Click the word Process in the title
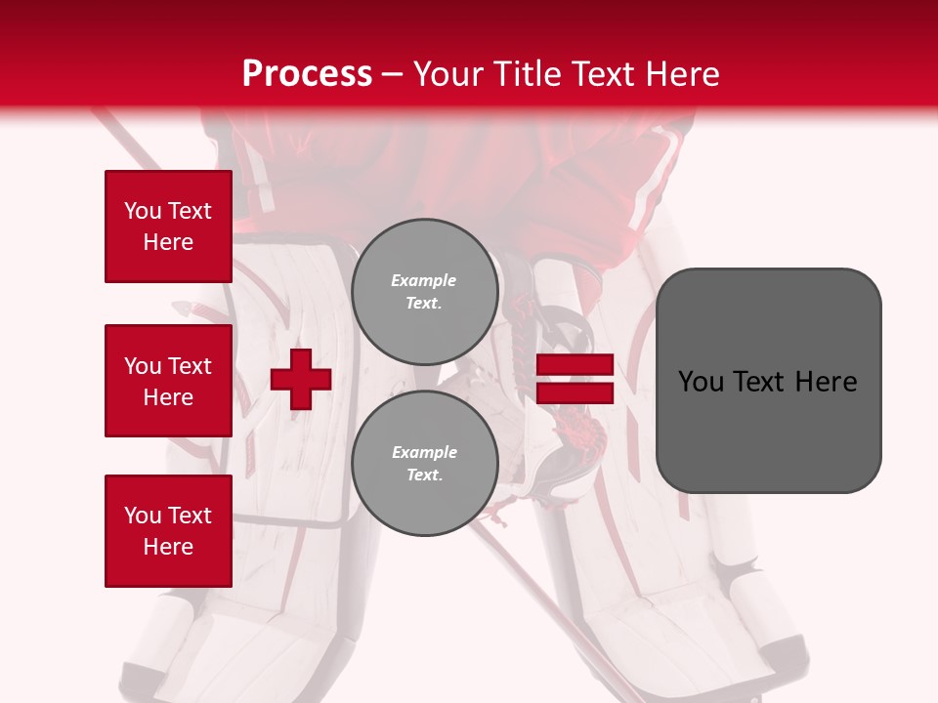tap(307, 74)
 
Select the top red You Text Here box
tap(168, 227)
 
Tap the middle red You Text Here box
tap(168, 381)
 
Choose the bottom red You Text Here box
tap(168, 531)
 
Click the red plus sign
tap(301, 379)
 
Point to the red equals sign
tap(575, 379)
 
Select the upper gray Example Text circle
tap(424, 291)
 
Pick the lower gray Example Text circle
tap(424, 463)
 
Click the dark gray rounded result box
tap(768, 381)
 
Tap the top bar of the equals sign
tap(575, 365)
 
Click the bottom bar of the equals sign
tap(575, 393)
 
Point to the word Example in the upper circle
tap(424, 280)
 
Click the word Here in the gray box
tap(826, 382)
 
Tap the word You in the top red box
tap(142, 211)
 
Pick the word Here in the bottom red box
tap(168, 547)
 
